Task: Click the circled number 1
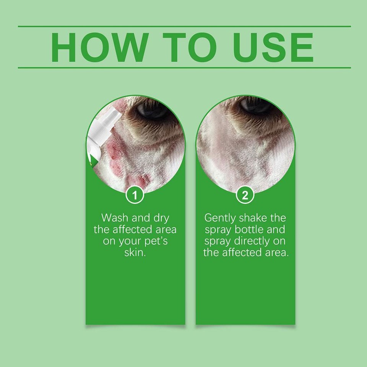pyautogui.click(x=135, y=196)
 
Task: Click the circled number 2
pyautogui.click(x=245, y=196)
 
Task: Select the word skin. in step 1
pyautogui.click(x=135, y=253)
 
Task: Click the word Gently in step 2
pyautogui.click(x=220, y=218)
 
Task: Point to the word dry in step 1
pyautogui.click(x=161, y=218)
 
